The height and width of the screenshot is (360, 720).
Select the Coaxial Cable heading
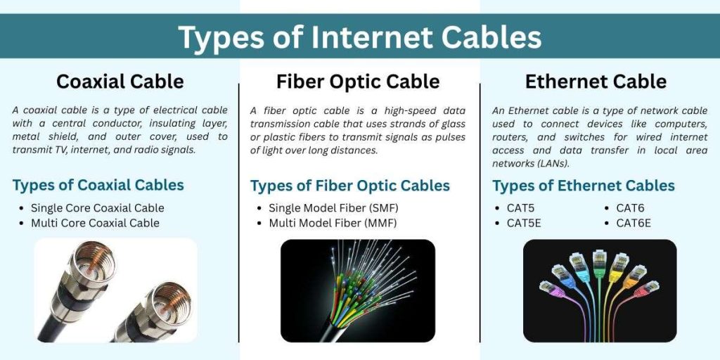(x=120, y=82)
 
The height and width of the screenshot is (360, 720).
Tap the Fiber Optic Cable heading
(x=358, y=82)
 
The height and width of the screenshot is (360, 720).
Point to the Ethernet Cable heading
(x=596, y=82)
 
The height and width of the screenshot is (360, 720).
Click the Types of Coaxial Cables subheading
(x=98, y=186)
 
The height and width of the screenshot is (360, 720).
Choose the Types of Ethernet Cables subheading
(x=583, y=186)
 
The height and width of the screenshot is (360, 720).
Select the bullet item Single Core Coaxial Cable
(x=97, y=208)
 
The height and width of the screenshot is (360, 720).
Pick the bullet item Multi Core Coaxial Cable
(x=95, y=223)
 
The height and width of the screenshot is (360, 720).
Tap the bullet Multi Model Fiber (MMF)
(x=333, y=223)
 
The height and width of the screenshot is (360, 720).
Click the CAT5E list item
(x=524, y=224)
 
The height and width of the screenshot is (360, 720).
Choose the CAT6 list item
(x=630, y=208)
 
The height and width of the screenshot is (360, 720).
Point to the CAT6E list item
(x=633, y=224)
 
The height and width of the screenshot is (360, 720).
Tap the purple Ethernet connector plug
(x=548, y=288)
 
